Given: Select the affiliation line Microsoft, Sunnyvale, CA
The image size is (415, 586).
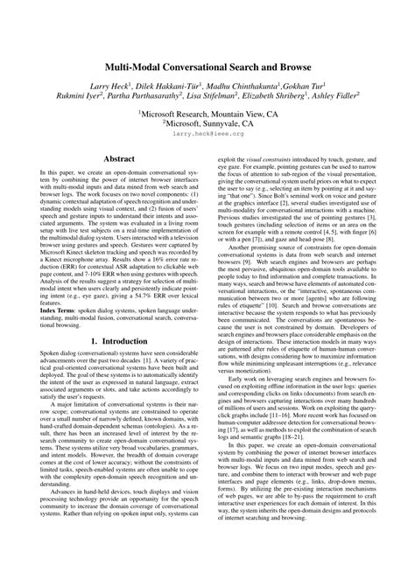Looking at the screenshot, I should pyautogui.click(x=208, y=124).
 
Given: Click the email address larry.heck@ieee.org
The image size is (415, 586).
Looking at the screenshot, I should pyautogui.click(x=207, y=136).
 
